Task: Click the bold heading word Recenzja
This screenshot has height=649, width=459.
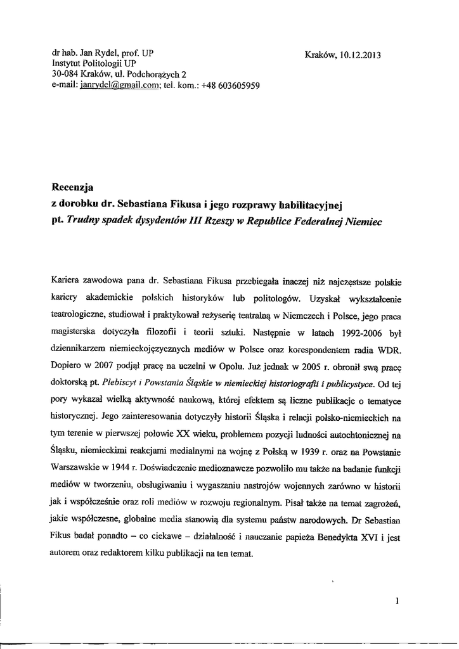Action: (x=72, y=187)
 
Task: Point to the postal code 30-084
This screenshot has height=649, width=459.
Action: (x=65, y=75)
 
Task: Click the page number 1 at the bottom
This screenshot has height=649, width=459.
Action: (x=396, y=601)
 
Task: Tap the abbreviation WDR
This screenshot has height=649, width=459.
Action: (x=398, y=349)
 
